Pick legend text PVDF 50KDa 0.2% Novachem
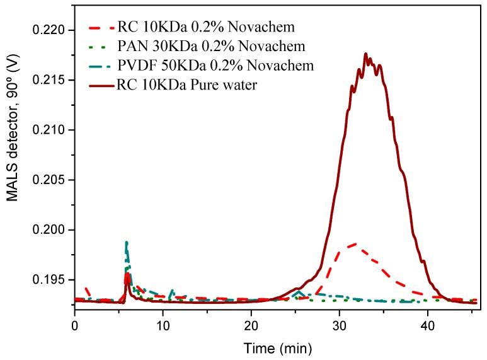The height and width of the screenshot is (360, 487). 215,66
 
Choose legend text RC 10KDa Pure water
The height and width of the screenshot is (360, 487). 186,85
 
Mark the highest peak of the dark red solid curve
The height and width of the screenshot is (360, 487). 365,54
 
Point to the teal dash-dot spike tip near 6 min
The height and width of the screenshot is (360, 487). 127,242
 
